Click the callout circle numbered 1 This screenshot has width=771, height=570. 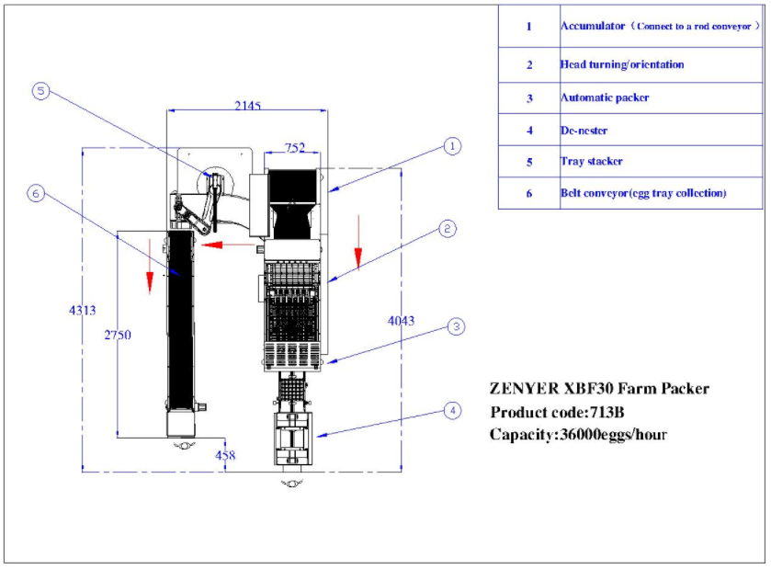pyautogui.click(x=451, y=145)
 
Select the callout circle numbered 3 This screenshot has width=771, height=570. pyautogui.click(x=456, y=326)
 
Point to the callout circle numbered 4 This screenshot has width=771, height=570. pyautogui.click(x=452, y=411)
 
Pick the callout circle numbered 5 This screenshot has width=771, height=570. pyautogui.click(x=40, y=91)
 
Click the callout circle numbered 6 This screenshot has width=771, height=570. pyautogui.click(x=36, y=193)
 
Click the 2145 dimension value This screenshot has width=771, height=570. pyautogui.click(x=247, y=106)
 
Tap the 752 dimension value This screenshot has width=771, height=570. pyautogui.click(x=295, y=147)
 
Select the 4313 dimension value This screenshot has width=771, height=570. pyautogui.click(x=82, y=311)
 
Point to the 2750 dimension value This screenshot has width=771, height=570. pyautogui.click(x=117, y=335)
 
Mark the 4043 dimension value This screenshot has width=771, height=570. pyautogui.click(x=401, y=321)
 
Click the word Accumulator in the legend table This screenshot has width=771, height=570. pyautogui.click(x=593, y=27)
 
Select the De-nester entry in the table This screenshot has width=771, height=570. pyautogui.click(x=584, y=131)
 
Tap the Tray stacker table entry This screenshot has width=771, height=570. pyautogui.click(x=591, y=162)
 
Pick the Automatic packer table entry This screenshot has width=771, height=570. pyautogui.click(x=605, y=97)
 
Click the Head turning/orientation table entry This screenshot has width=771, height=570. pyautogui.click(x=621, y=64)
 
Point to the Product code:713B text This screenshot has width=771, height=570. pyautogui.click(x=550, y=412)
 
